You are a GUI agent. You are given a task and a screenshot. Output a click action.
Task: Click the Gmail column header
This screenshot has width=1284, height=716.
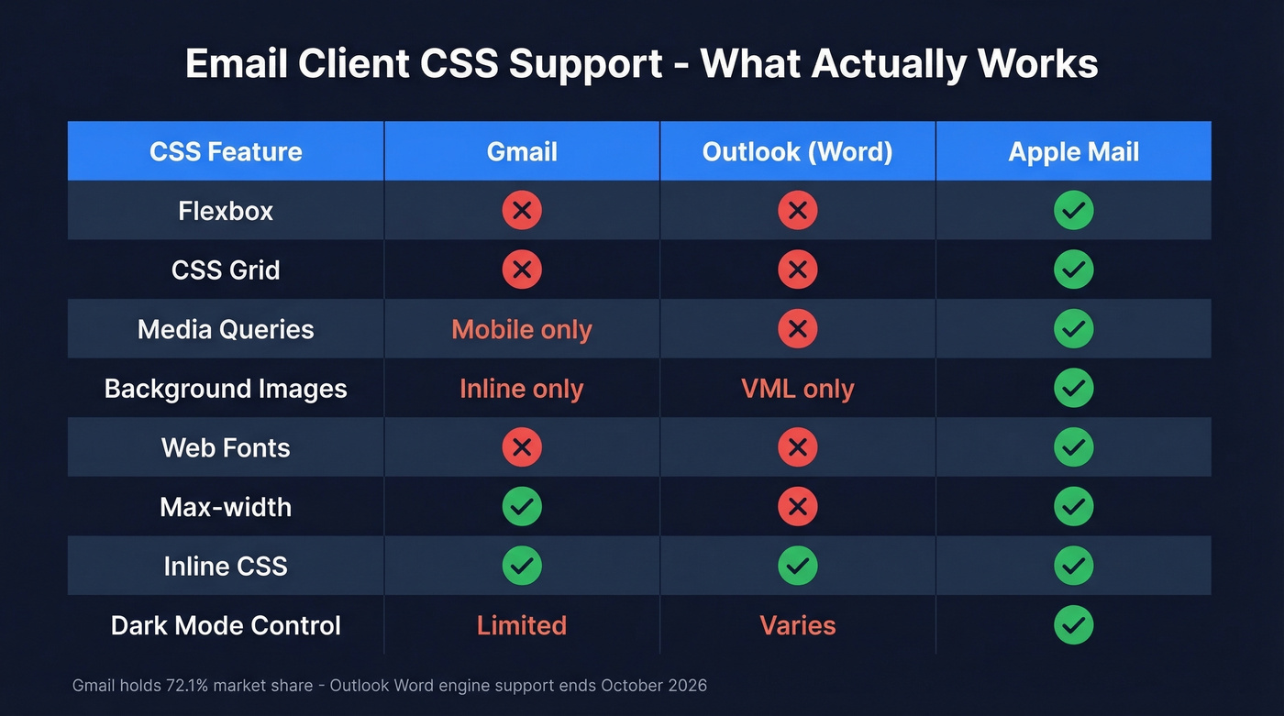coord(522,151)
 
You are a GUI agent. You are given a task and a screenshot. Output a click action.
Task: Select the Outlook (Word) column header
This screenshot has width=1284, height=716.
coord(797,151)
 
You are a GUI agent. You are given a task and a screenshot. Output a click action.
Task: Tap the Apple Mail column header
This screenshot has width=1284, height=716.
coord(1073,151)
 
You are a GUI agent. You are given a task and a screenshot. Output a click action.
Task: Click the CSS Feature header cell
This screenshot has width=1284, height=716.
coord(226,151)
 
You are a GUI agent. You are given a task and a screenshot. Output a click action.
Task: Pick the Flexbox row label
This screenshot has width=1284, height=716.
coord(226,211)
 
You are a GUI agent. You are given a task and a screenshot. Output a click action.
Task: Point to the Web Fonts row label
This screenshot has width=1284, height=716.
coord(226,447)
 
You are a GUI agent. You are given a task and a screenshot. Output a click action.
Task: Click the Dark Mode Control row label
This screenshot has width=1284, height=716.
coord(226,625)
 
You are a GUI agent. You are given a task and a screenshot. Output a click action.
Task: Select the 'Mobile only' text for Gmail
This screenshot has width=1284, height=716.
coord(522,329)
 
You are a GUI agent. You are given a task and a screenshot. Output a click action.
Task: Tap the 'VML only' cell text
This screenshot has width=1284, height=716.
coord(797,389)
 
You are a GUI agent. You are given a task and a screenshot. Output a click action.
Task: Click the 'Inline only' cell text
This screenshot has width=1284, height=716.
coord(522,389)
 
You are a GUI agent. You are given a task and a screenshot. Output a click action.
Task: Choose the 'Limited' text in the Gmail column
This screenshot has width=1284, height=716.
coord(522,625)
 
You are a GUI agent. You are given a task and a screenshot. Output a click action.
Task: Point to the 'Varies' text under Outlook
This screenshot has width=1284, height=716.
coord(797,625)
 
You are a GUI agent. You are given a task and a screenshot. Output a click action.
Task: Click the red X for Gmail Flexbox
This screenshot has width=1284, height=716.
coord(522,211)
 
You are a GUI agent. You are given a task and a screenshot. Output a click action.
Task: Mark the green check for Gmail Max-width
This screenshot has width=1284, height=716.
coord(522,507)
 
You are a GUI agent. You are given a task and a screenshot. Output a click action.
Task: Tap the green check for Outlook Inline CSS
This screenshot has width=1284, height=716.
coord(797,566)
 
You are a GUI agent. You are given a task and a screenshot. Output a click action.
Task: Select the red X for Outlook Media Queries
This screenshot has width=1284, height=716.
coord(797,329)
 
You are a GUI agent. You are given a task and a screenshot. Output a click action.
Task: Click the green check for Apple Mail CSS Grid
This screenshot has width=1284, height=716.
coord(1073,270)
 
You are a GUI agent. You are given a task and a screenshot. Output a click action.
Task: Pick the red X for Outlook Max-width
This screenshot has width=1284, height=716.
coord(797,507)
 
